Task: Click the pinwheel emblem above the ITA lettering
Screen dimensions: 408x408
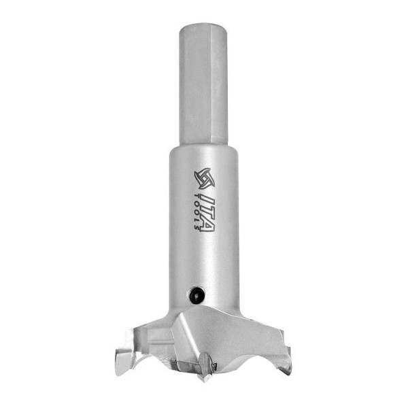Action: click(x=205, y=178)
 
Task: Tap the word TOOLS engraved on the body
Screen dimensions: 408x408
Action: click(x=198, y=211)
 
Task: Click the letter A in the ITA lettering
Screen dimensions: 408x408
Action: click(x=209, y=226)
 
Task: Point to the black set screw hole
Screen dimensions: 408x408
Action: click(x=197, y=294)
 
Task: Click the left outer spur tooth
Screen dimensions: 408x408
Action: click(x=123, y=361)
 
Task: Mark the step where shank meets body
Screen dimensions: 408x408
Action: click(x=203, y=148)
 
